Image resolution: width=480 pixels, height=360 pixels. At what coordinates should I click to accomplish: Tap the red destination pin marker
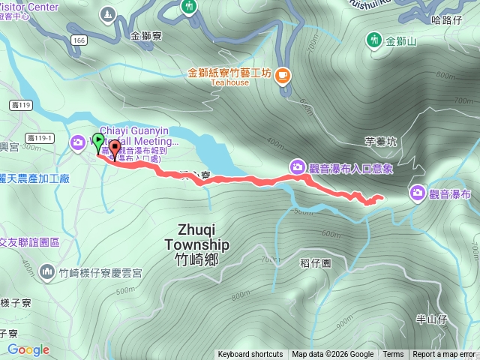tap(114, 150)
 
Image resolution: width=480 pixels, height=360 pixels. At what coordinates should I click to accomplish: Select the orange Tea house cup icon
tap(283, 74)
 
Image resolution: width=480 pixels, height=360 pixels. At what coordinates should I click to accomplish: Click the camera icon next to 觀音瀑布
tap(418, 194)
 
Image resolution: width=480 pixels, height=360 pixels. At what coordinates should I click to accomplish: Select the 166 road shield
tap(79, 40)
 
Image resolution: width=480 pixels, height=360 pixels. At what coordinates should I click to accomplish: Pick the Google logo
tap(28, 349)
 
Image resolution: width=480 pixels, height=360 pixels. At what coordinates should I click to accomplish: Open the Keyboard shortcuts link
tap(250, 355)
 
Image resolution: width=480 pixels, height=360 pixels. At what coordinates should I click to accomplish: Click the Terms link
tap(393, 355)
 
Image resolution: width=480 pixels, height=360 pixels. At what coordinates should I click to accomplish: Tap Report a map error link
tap(444, 355)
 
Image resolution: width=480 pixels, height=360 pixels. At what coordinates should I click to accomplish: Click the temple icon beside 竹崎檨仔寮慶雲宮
tap(48, 270)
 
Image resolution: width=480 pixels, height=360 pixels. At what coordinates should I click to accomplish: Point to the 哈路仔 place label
tap(447, 20)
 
